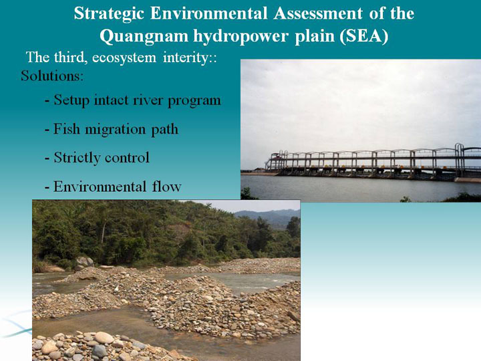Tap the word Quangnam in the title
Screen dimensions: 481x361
144,37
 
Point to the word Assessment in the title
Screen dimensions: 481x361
318,13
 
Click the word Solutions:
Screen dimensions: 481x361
52,76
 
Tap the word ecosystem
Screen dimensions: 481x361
124,58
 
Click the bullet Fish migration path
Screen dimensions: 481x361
112,129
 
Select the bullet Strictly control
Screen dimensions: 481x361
98,158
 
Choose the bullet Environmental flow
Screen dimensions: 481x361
113,187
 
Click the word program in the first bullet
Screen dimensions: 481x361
194,101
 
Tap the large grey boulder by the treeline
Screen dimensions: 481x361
84,262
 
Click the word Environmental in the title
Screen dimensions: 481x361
208,13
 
